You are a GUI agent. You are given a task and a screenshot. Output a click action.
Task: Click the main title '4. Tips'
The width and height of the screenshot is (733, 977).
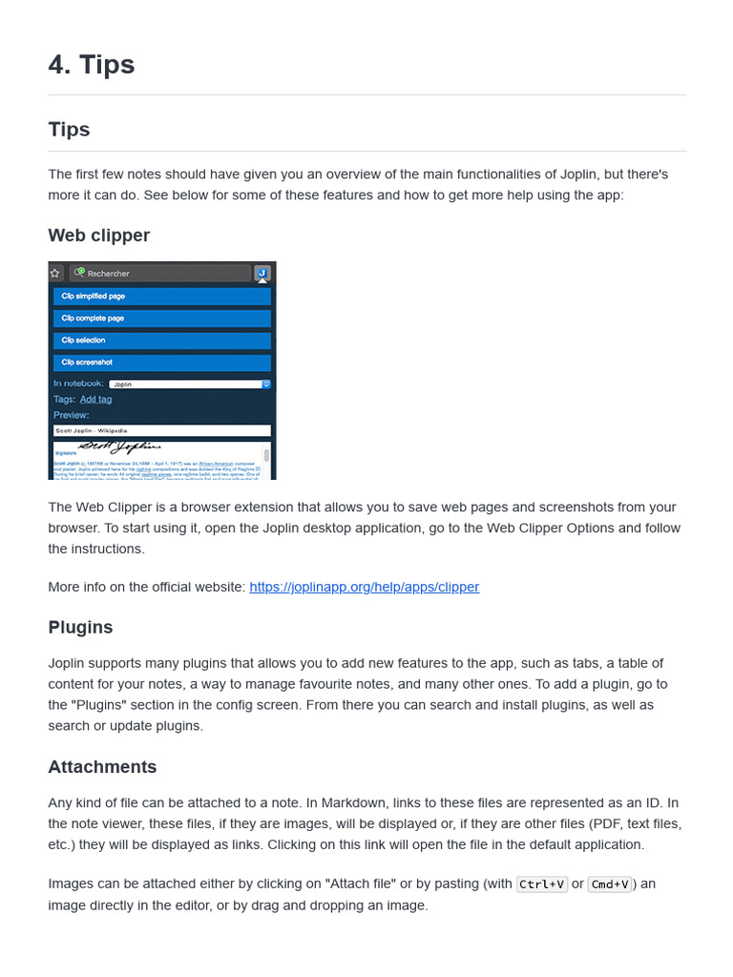[x=92, y=65]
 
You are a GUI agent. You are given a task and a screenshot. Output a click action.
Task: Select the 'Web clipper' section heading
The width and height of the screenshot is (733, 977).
[x=98, y=235]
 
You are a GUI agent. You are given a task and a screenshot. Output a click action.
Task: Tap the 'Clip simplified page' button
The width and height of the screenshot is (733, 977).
[x=161, y=297]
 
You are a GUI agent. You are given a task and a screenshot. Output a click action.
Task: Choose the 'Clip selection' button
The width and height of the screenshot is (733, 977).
[x=161, y=341]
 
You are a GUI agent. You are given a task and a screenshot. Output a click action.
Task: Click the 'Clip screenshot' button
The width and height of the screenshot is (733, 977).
[x=161, y=363]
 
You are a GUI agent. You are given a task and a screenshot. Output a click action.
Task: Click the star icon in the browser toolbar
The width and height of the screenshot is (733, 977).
[x=55, y=273]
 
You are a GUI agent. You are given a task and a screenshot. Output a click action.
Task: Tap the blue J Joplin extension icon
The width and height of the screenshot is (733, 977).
[x=262, y=273]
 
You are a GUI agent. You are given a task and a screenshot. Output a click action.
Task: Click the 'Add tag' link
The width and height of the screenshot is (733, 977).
[x=95, y=399]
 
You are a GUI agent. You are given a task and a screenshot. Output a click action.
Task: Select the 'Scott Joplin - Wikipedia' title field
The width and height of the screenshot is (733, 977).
[x=161, y=430]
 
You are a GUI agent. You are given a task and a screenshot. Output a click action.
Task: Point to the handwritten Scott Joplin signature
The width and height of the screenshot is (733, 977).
[x=119, y=447]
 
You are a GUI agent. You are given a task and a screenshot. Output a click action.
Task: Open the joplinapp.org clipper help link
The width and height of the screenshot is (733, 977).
[x=364, y=587]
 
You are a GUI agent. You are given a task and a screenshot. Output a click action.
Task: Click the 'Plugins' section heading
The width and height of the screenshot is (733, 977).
[x=80, y=627]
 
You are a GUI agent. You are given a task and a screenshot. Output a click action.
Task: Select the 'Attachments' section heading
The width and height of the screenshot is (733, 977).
[x=102, y=767]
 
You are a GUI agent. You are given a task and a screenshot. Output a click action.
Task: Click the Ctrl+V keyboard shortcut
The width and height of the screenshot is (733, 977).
[x=541, y=884]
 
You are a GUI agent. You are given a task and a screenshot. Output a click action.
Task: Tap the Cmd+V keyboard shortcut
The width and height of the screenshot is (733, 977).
[x=610, y=884]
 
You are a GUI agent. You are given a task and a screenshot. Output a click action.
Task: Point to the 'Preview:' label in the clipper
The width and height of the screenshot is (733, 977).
[x=71, y=415]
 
